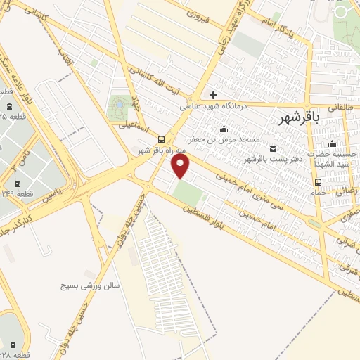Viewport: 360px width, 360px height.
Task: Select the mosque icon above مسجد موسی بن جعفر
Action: (224, 129)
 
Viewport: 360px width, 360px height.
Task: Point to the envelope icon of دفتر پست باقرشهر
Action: (274, 148)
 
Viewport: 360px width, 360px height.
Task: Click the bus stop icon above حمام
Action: (318, 183)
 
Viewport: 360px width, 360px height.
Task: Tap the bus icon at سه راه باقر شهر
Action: (162, 139)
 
